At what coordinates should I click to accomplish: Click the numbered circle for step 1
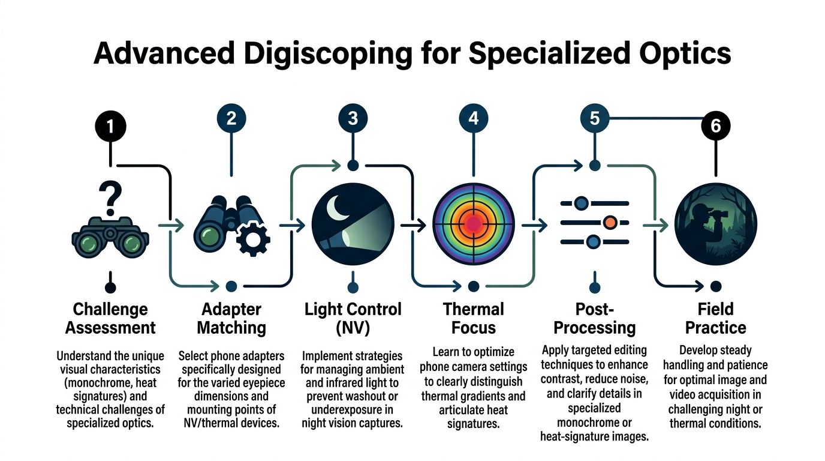pyautogui.click(x=110, y=127)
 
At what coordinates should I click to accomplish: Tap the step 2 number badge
pyautogui.click(x=231, y=118)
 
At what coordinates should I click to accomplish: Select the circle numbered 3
pyautogui.click(x=353, y=118)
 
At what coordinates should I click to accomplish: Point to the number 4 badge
pyautogui.click(x=474, y=118)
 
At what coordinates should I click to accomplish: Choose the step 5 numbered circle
pyautogui.click(x=594, y=118)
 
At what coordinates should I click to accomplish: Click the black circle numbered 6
pyautogui.click(x=715, y=126)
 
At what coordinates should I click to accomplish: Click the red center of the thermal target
pyautogui.click(x=474, y=224)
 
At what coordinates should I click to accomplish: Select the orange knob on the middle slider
pyautogui.click(x=610, y=223)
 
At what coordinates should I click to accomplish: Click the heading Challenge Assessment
pyautogui.click(x=110, y=319)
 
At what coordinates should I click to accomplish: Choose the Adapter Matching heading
pyautogui.click(x=231, y=319)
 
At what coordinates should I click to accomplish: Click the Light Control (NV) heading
pyautogui.click(x=353, y=319)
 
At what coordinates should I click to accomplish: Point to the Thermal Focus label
pyautogui.click(x=474, y=319)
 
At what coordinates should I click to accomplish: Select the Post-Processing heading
pyautogui.click(x=594, y=319)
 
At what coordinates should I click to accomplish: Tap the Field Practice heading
pyautogui.click(x=715, y=319)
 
